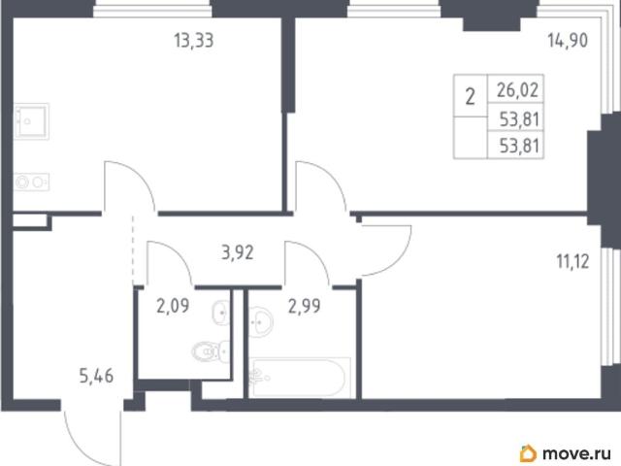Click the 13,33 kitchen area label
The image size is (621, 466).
click(x=194, y=41)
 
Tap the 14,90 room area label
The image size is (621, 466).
click(x=568, y=41)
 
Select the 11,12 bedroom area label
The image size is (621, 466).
click(x=572, y=261)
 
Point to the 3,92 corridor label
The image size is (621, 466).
click(x=237, y=252)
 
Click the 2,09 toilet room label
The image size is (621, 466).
click(x=173, y=306)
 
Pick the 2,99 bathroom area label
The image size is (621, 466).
click(x=304, y=306)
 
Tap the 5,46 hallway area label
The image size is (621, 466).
click(x=96, y=376)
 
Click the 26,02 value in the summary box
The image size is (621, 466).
click(x=517, y=90)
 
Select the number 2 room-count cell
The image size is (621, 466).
click(x=470, y=96)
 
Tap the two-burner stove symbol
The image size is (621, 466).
click(x=32, y=183)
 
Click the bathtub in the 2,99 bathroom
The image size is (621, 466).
click(x=301, y=378)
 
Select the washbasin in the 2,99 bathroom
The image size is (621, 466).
click(x=260, y=320)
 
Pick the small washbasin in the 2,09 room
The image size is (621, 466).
click(x=222, y=313)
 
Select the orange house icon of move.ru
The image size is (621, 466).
click(x=528, y=453)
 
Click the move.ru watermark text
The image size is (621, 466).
click(x=576, y=453)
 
